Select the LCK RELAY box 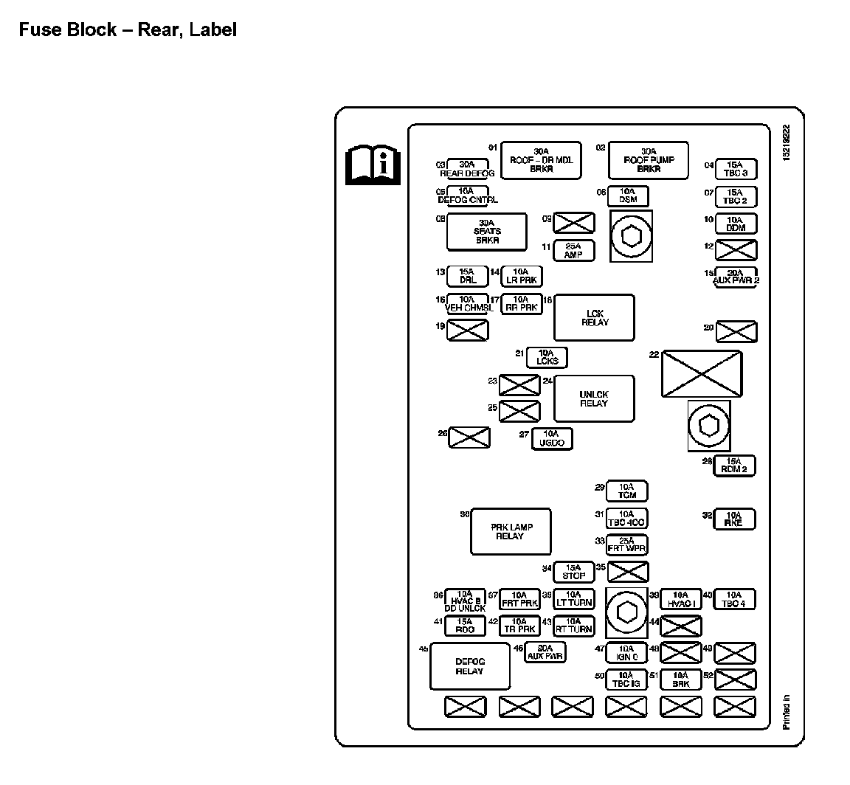(594, 317)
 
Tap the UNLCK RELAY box (594, 398)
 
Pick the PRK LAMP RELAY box (511, 531)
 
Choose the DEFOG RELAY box (469, 666)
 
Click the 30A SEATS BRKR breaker (487, 232)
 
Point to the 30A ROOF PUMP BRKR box (648, 160)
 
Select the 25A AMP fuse (573, 250)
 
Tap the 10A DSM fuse (628, 196)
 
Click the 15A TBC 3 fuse (736, 169)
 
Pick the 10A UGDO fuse (552, 438)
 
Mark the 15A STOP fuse (573, 572)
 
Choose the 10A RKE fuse (734, 519)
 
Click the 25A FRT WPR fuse (626, 544)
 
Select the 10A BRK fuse (680, 679)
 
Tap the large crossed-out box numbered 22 (701, 373)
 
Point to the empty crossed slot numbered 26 (469, 437)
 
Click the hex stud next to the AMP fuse (631, 236)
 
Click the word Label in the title (212, 30)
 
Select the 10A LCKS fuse (547, 357)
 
